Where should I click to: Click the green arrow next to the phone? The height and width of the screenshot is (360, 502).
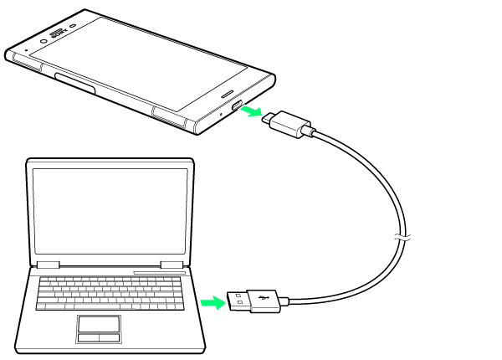click(x=252, y=111)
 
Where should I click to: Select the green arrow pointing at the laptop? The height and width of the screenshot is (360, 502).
click(x=213, y=301)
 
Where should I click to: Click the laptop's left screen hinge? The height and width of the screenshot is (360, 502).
click(x=48, y=265)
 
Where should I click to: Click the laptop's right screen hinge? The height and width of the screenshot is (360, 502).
click(x=172, y=265)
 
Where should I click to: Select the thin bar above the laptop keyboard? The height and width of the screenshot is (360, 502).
click(x=159, y=272)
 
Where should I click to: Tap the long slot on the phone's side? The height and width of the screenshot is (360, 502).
click(x=74, y=80)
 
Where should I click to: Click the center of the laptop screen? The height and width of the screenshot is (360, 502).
click(x=110, y=210)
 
